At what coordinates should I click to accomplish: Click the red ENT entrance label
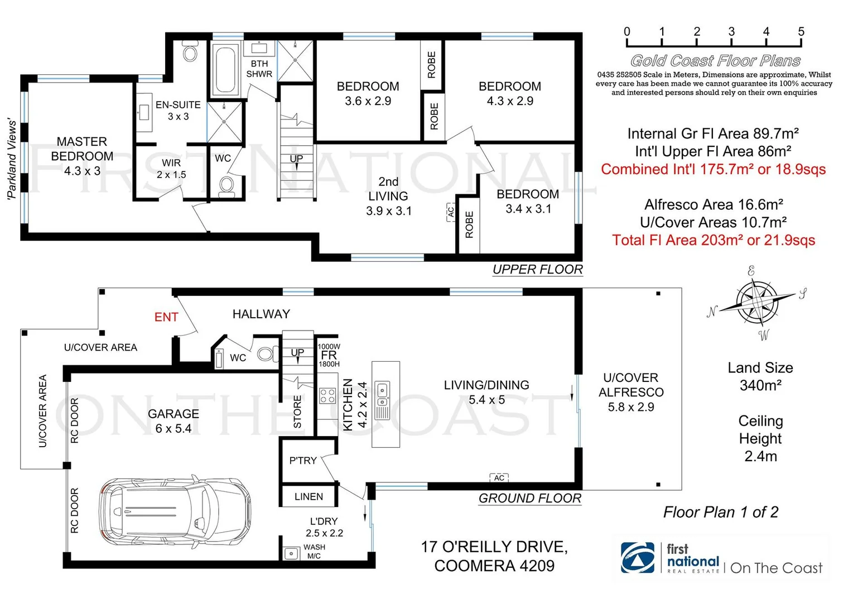pos(166,317)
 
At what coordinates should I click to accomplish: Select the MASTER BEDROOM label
pos(82,156)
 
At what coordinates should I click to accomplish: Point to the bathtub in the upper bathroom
pos(225,70)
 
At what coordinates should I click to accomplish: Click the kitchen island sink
pos(383,394)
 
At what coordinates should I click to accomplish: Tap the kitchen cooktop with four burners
pos(327,396)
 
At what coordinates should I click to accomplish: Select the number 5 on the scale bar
pos(801,32)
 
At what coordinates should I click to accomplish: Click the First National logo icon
pos(638,558)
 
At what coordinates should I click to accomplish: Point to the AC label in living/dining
pos(499,478)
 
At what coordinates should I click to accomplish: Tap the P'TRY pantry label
pos(303,461)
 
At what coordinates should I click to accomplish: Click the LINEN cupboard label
pos(309,496)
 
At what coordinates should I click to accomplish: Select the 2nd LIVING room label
pos(388,197)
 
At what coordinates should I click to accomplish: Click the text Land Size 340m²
pos(760,376)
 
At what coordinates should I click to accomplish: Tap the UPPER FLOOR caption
pos(537,270)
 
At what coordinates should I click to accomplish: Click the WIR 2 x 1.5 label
pos(171,169)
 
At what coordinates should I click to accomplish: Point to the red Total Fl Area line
pos(713,240)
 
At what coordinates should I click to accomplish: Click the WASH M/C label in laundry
pos(314,552)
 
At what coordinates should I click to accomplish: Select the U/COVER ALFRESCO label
pos(631,392)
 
